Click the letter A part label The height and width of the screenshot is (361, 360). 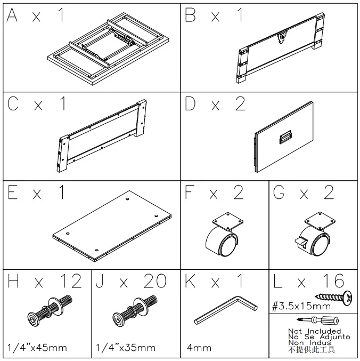[x=12, y=15]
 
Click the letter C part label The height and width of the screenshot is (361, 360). [x=13, y=103]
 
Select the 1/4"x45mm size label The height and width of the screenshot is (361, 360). [x=37, y=348]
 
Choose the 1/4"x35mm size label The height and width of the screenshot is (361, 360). [x=126, y=348]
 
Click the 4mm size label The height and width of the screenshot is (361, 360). [x=199, y=348]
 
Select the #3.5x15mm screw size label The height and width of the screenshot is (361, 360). [x=301, y=306]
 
